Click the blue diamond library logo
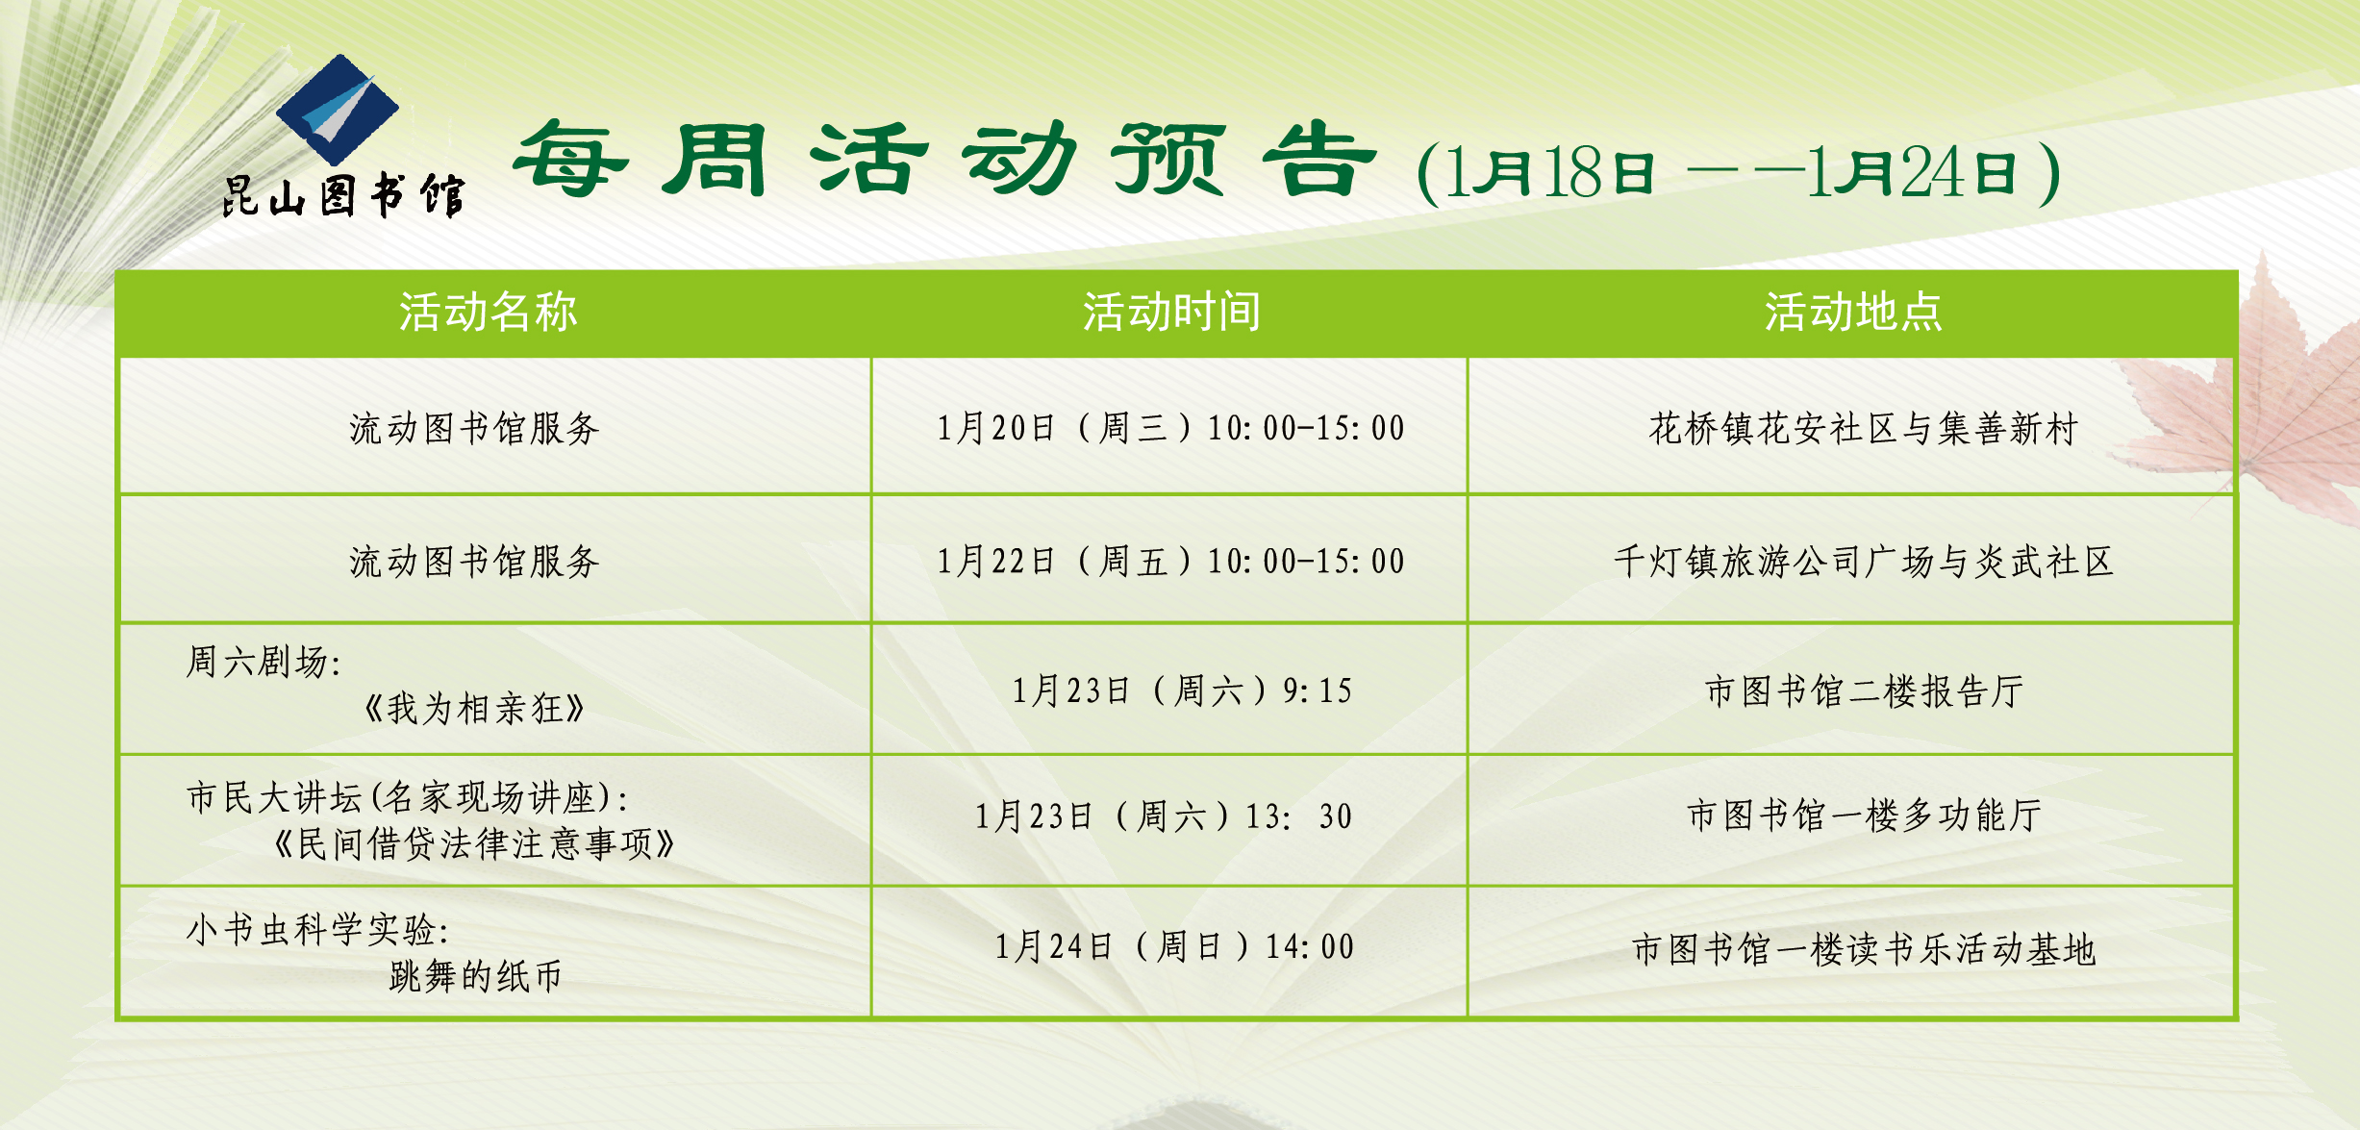tap(338, 109)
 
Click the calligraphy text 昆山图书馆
tap(343, 196)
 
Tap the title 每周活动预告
tap(944, 160)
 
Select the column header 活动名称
tap(489, 312)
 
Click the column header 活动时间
tap(1171, 312)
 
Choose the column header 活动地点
tap(1853, 312)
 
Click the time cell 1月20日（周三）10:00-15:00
tap(1171, 428)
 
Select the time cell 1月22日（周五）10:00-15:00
tap(1171, 561)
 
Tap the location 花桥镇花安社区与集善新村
tap(1864, 428)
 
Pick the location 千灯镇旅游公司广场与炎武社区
tap(1864, 561)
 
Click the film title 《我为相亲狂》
tap(474, 709)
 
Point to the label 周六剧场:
tap(264, 662)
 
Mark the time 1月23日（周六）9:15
tap(1182, 691)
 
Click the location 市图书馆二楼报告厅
tap(1864, 691)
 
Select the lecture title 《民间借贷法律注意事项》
tap(474, 843)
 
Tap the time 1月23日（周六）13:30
tap(1164, 816)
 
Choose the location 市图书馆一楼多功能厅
tap(1864, 816)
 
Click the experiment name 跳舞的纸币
tap(475, 976)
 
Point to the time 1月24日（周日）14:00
tap(1174, 947)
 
